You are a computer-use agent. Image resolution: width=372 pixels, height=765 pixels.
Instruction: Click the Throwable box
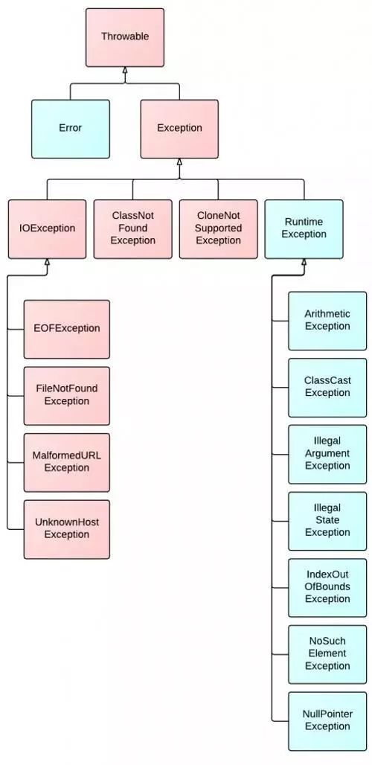point(124,36)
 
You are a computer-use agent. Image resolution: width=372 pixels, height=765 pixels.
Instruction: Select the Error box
point(70,128)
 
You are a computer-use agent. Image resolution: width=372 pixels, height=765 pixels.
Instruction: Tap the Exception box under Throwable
point(179,128)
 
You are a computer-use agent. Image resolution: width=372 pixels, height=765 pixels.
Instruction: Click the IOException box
point(47,228)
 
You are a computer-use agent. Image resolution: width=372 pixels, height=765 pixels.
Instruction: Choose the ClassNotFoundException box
point(132,228)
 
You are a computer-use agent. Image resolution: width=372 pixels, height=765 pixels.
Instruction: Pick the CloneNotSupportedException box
point(218,228)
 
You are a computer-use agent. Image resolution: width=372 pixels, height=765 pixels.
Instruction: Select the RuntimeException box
point(304,228)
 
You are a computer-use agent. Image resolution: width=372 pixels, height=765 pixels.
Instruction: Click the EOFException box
point(66,328)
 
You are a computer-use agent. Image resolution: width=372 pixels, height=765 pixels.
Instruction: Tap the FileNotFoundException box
point(66,395)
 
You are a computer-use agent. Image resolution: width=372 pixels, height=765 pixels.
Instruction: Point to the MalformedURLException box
point(66,462)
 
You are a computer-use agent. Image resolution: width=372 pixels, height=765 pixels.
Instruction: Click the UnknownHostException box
point(66,529)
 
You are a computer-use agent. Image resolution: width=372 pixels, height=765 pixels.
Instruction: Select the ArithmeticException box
point(327,321)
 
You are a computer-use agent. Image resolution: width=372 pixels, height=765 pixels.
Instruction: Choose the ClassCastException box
point(327,387)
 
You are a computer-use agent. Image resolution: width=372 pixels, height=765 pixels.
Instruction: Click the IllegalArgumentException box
point(327,454)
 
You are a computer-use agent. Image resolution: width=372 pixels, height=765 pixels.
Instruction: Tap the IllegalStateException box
point(327,520)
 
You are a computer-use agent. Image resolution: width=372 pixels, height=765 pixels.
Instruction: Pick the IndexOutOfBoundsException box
point(327,587)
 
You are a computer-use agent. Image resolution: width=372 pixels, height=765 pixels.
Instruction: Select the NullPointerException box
point(327,720)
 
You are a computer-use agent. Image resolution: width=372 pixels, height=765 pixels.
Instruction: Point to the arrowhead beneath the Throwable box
point(124,71)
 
